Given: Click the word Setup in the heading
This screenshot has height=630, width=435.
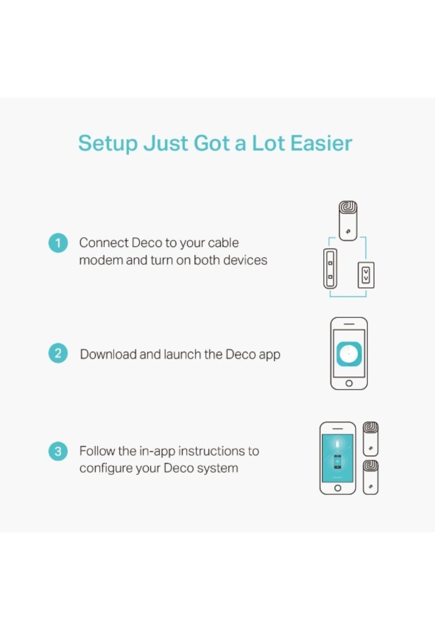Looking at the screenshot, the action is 108,144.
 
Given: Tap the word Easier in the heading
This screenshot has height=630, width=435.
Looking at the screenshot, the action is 321,143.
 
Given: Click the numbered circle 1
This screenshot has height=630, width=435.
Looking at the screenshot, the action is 58,243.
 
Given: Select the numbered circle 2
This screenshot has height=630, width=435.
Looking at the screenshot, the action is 58,354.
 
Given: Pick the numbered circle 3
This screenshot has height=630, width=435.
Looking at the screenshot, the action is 58,451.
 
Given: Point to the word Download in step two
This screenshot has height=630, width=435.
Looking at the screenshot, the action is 108,354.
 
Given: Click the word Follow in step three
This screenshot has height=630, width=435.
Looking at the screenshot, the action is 97,451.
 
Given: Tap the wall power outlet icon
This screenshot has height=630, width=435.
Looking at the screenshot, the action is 366,275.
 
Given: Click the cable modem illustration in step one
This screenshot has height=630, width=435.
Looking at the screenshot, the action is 330,269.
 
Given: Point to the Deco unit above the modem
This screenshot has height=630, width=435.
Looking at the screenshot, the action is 348,221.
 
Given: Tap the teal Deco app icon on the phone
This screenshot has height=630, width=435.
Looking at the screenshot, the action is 349,354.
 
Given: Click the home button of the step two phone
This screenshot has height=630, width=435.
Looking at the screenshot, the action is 349,383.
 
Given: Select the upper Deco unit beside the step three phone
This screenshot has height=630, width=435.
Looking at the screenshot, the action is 370,439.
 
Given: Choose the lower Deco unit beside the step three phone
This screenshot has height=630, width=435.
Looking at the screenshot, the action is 370,477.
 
